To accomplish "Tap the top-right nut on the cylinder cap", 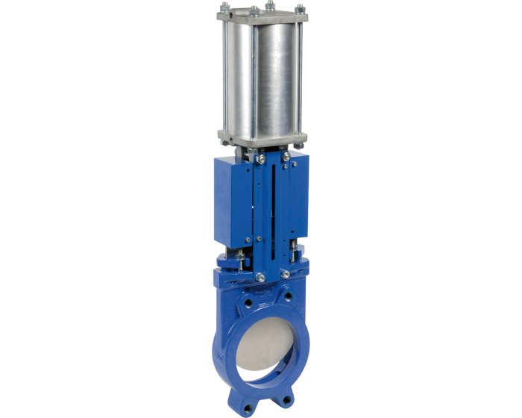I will (x=300, y=9).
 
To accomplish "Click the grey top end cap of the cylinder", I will (x=261, y=17).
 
